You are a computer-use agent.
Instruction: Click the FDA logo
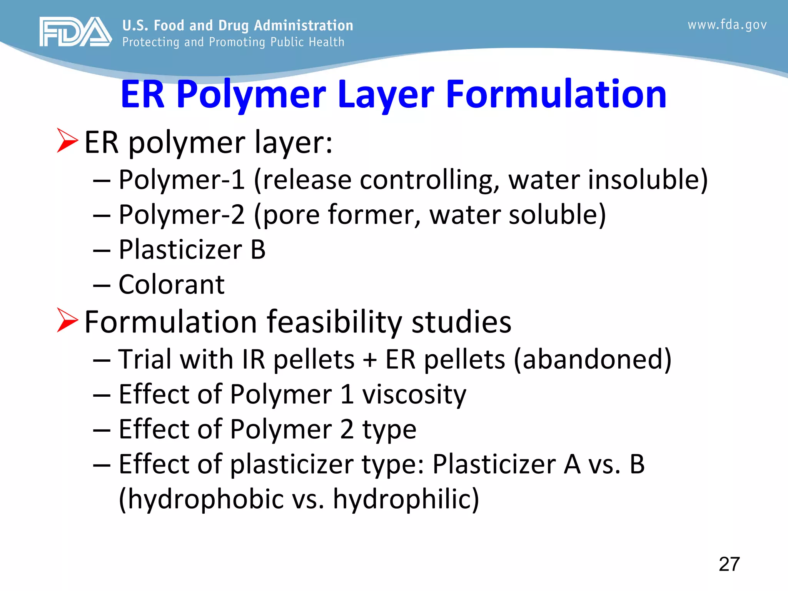pyautogui.click(x=75, y=32)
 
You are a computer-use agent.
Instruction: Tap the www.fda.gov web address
pyautogui.click(x=727, y=25)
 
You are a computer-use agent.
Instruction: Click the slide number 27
pyautogui.click(x=729, y=564)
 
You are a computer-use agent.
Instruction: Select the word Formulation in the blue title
pyautogui.click(x=556, y=94)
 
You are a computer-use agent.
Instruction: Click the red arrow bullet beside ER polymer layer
pyautogui.click(x=67, y=140)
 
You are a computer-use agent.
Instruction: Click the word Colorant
pyautogui.click(x=172, y=285)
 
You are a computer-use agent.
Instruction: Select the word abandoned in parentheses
pyautogui.click(x=593, y=359)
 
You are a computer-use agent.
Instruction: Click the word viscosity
pyautogui.click(x=414, y=394)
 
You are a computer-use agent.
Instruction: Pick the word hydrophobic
pyautogui.click(x=205, y=499)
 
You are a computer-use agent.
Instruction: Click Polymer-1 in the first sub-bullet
pyautogui.click(x=182, y=180)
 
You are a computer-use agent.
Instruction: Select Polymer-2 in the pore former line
pyautogui.click(x=182, y=215)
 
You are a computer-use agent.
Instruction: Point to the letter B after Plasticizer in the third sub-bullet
pyautogui.click(x=258, y=250)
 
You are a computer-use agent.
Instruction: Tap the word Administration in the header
pyautogui.click(x=304, y=25)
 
